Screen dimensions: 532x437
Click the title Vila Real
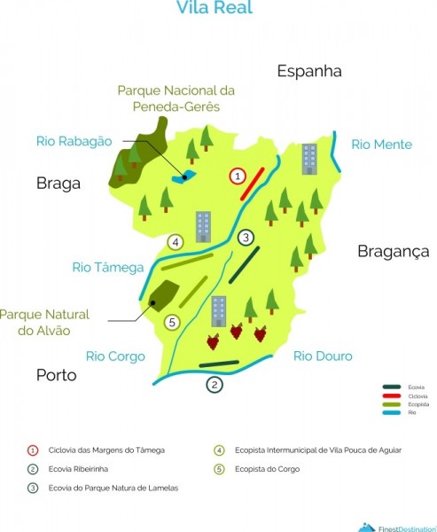pos(215,9)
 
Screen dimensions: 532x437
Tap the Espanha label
pos(308,72)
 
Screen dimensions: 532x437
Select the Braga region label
pos(59,184)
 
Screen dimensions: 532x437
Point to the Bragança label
pos(393,252)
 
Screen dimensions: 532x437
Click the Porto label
pos(56,375)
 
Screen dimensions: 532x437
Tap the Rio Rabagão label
pos(75,140)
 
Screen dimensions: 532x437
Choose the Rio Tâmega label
pos(108,267)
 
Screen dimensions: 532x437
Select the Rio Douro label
pos(323,356)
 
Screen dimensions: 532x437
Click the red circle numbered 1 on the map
pos(237,176)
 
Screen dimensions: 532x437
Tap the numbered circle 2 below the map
pos(214,385)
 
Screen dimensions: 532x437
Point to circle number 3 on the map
pos(246,237)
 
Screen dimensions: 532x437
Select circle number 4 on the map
pos(176,242)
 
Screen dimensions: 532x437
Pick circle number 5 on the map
pos(173,322)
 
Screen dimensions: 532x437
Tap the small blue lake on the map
pos(185,176)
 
